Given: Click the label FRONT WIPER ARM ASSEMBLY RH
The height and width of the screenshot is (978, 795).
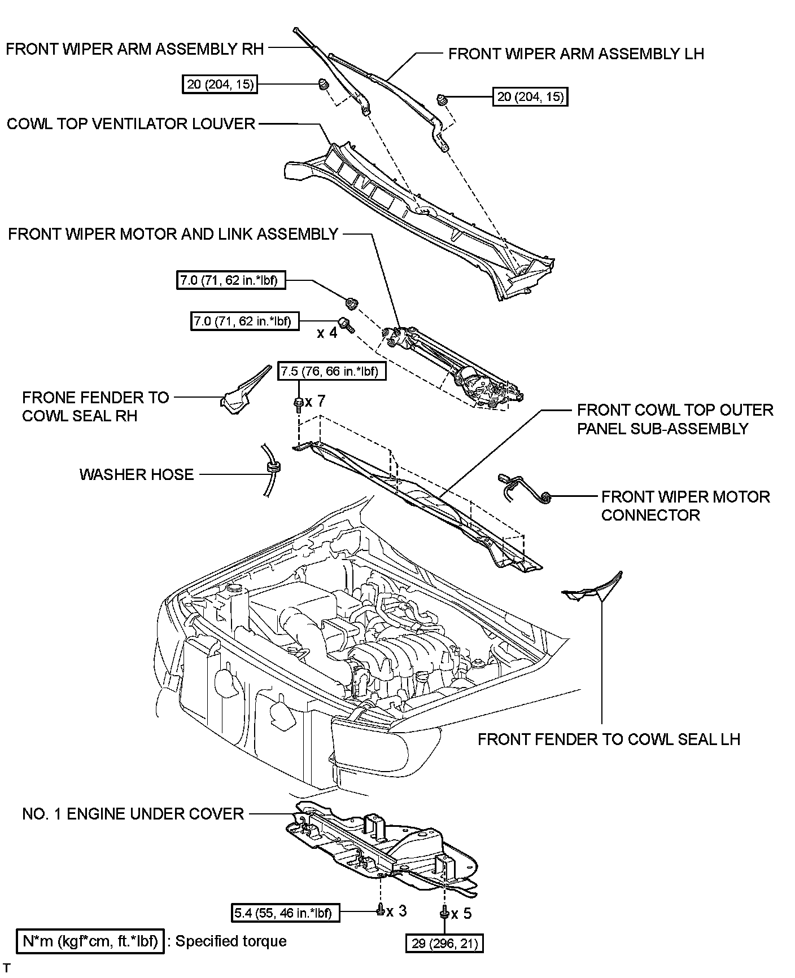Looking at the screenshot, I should [134, 49].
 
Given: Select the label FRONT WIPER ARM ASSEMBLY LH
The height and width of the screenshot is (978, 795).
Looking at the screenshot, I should [576, 54].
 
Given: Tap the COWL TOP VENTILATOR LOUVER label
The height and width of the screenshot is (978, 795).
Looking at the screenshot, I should [131, 124].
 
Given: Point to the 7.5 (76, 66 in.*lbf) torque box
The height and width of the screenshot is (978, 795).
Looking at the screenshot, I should [331, 372].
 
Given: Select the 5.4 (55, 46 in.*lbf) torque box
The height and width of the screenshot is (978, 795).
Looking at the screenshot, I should [286, 912].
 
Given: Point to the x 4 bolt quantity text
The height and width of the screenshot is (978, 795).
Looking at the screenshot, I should [327, 333].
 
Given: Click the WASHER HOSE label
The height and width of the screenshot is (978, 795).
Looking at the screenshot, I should [137, 474].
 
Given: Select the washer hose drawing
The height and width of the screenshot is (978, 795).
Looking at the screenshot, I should [270, 469].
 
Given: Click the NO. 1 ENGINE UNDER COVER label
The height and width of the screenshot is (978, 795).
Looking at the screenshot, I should [133, 814].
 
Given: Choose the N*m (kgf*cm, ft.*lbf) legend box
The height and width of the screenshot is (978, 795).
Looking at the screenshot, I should [90, 941].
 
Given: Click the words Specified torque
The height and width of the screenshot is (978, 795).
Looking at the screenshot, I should [231, 941].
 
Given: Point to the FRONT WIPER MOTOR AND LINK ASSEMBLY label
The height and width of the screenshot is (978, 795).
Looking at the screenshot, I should [173, 234].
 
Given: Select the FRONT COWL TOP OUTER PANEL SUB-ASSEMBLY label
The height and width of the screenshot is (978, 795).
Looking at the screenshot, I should [675, 419].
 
